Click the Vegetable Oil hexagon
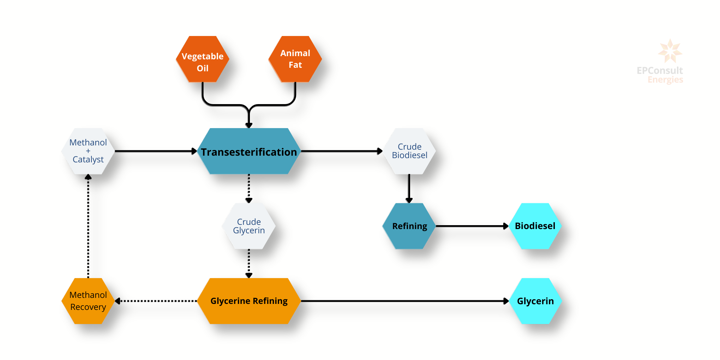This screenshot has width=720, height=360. click(x=203, y=59)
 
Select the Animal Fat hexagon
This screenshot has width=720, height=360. click(x=295, y=59)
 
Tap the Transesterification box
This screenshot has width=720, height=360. click(x=249, y=151)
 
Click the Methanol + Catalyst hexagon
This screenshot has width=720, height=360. click(x=88, y=151)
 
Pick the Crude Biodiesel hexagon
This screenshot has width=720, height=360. click(x=409, y=151)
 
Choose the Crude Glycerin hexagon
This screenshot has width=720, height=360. click(x=249, y=226)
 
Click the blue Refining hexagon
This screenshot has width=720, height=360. click(x=409, y=226)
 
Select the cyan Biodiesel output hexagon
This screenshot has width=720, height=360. click(x=535, y=226)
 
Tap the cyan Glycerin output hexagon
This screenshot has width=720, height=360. click(x=535, y=301)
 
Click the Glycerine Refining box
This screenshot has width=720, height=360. click(x=249, y=301)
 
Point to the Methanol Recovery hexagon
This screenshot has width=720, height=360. click(x=88, y=301)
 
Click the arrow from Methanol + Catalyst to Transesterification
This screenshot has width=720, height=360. click(x=155, y=151)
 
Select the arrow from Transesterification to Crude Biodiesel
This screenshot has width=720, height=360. click(x=342, y=151)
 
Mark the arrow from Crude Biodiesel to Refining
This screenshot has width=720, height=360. click(x=409, y=188)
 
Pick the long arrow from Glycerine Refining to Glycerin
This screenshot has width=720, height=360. click(x=404, y=301)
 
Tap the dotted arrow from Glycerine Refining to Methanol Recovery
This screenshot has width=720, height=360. click(x=156, y=301)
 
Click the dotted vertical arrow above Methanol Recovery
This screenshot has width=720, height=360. click(x=88, y=226)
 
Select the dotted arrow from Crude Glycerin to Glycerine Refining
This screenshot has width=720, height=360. click(x=249, y=263)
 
